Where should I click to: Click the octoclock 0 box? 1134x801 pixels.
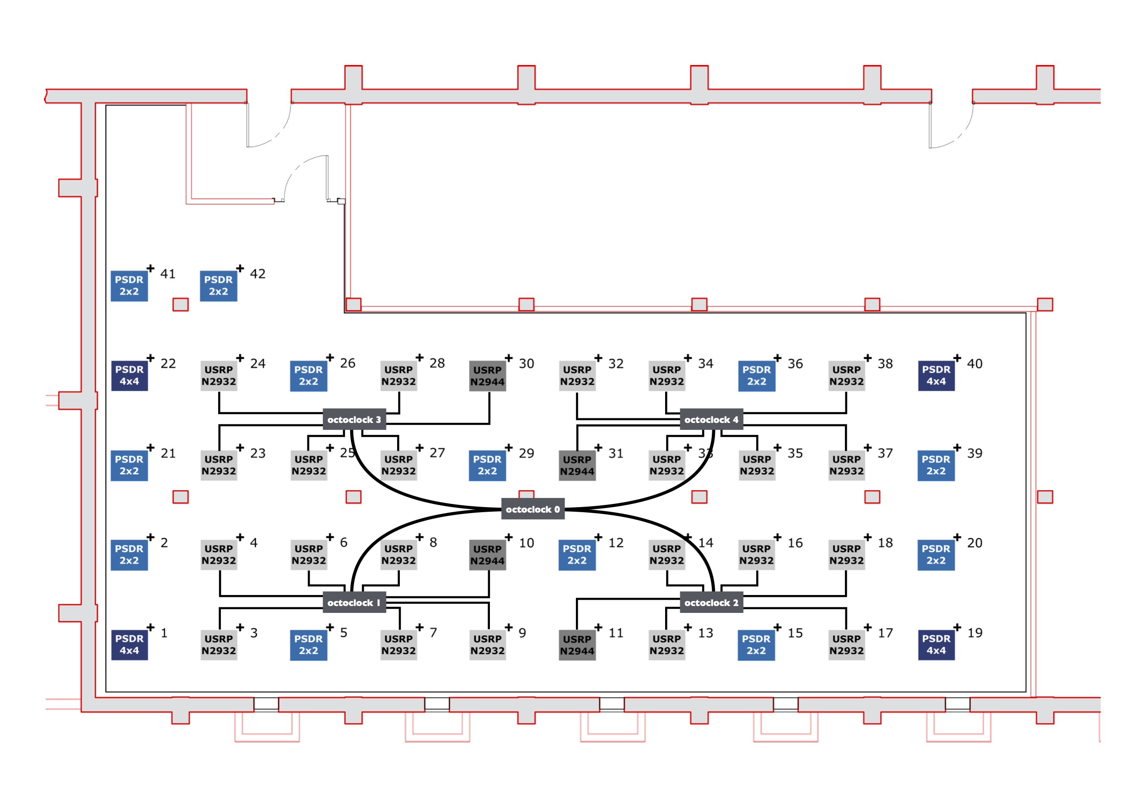[532, 509]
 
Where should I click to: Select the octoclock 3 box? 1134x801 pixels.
[354, 420]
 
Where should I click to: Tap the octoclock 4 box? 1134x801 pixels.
[711, 420]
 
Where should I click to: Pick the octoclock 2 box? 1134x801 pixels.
[711, 602]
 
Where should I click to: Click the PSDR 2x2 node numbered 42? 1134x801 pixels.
[218, 286]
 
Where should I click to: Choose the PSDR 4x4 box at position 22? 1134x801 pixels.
[129, 375]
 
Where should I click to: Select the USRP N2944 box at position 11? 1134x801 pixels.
[577, 645]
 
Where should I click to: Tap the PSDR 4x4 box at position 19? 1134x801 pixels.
[936, 645]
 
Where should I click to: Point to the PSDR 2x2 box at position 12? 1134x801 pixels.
[577, 555]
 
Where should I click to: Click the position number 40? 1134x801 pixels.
[974, 364]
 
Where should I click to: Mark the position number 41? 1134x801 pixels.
[168, 274]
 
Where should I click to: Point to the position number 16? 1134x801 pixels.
[795, 543]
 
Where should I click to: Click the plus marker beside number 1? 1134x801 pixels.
[150, 627]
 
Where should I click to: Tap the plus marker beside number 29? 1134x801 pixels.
[509, 448]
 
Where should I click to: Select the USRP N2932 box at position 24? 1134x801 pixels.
[219, 375]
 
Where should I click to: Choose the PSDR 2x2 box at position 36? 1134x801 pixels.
[757, 375]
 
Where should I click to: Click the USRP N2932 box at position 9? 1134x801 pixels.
[488, 645]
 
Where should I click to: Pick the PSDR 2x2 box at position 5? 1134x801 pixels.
[309, 645]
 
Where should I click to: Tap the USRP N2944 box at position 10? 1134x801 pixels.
[488, 555]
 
